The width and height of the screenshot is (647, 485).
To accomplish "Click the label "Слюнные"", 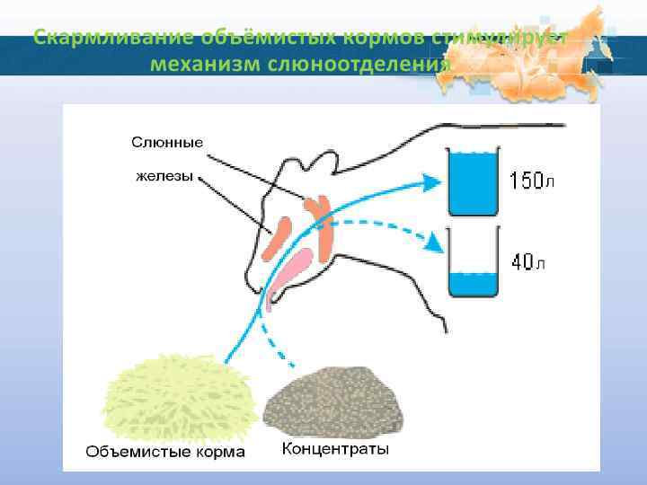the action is point(167,142).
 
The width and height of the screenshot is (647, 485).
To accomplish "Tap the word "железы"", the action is point(164,176).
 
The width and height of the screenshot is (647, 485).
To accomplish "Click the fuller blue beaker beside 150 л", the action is point(473,183).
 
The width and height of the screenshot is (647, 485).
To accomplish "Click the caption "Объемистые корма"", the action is point(164,451).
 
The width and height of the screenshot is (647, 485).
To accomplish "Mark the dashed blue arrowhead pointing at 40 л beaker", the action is point(437,242).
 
